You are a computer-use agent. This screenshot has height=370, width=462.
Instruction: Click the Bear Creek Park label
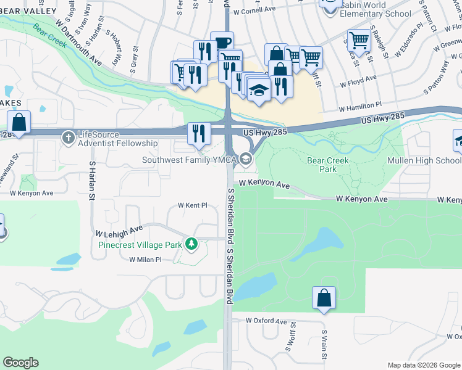[x=328, y=165]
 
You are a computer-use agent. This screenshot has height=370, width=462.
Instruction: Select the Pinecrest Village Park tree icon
[x=191, y=244]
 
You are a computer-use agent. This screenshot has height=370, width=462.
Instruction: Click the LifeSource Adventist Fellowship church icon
[x=67, y=135]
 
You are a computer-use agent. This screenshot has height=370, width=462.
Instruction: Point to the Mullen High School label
[x=424, y=160]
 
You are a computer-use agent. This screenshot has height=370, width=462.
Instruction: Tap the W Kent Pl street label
[x=193, y=205]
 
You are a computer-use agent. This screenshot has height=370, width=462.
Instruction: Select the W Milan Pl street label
[x=145, y=260]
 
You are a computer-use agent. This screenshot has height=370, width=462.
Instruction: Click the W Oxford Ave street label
[x=266, y=321]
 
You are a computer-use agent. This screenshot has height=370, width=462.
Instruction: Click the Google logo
[x=20, y=363]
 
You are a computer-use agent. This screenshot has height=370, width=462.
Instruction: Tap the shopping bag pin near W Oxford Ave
[x=324, y=298]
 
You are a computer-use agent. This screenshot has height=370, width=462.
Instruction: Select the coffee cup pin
[x=222, y=43]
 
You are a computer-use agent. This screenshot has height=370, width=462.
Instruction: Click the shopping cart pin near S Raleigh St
[x=358, y=41]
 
